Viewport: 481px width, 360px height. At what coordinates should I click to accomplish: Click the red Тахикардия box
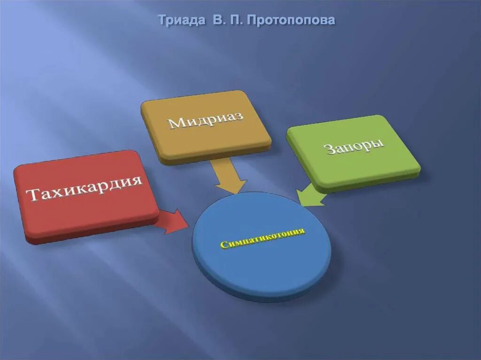click(85, 207)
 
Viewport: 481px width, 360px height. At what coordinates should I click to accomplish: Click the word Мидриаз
click(205, 119)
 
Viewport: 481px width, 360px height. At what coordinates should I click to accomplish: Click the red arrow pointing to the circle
click(172, 221)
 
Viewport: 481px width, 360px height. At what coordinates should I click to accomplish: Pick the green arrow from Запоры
click(310, 195)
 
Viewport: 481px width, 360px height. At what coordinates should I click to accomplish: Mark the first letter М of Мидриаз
click(175, 123)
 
